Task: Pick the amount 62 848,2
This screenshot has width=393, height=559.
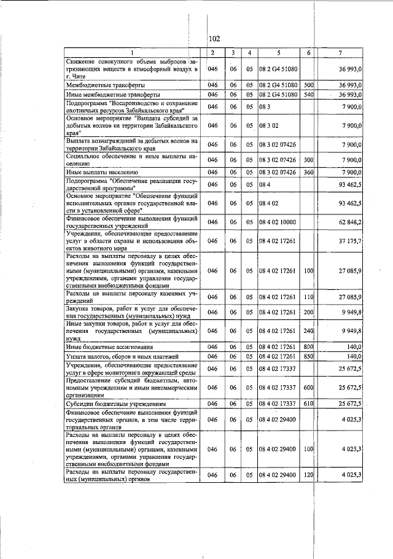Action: click(349, 222)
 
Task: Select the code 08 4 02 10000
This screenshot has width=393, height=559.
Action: click(278, 222)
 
